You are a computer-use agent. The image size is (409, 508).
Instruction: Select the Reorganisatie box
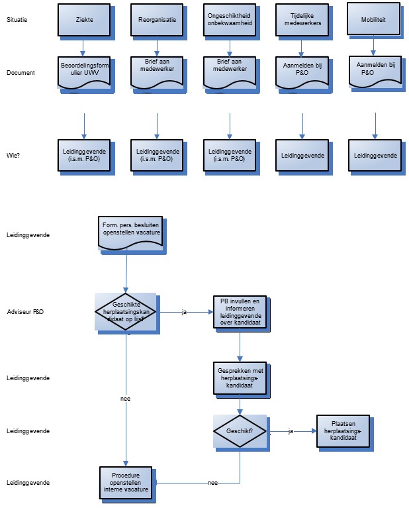click(x=156, y=20)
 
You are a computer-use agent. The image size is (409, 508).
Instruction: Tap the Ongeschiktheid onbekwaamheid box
click(x=229, y=20)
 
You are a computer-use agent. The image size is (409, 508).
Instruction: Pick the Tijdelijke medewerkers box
click(x=302, y=20)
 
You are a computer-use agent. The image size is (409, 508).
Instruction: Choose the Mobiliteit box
click(x=375, y=20)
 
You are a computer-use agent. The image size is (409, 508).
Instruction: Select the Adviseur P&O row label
click(x=25, y=311)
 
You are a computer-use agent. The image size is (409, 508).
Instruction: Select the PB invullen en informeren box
click(x=239, y=311)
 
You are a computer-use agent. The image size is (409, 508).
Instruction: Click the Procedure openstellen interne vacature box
click(x=126, y=482)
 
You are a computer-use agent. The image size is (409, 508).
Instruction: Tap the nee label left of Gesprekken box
click(x=126, y=399)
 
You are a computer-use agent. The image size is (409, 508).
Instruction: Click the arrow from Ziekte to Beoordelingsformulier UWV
click(x=83, y=47)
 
